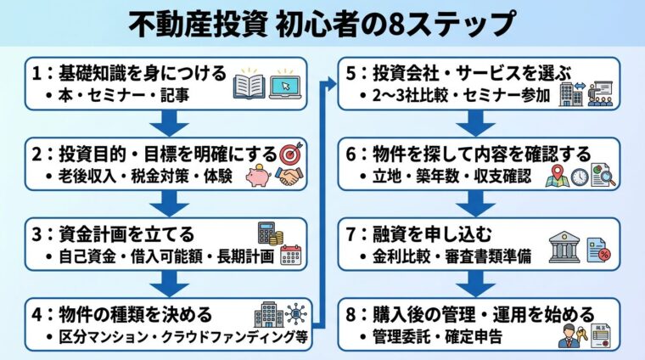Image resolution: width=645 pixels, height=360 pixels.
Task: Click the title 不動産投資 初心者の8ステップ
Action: [322, 24]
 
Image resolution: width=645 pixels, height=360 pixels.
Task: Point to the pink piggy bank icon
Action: [258, 177]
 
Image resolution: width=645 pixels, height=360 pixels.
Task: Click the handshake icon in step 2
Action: [289, 177]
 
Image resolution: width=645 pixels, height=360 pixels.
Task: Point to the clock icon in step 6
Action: [580, 176]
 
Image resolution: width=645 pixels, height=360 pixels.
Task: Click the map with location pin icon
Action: [557, 176]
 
